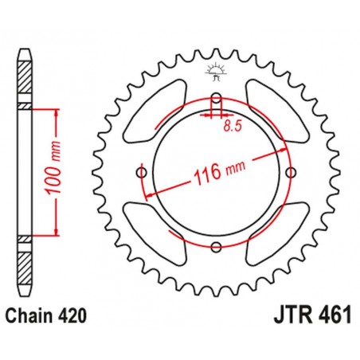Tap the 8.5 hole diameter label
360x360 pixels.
[233, 125]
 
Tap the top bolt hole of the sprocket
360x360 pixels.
[216, 100]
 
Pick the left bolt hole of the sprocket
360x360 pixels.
[141, 174]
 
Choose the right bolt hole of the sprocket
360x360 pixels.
[292, 174]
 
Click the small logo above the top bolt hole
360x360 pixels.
[216, 72]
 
